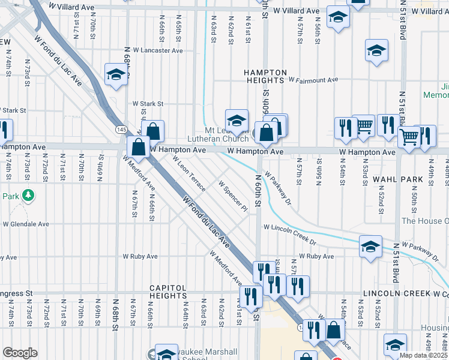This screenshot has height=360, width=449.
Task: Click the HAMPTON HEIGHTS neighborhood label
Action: point(264,76)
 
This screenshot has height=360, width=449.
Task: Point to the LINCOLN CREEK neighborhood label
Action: point(396,293)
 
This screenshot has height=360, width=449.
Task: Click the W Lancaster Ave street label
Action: point(158,51)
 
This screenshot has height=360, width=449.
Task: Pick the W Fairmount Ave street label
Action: point(313,79)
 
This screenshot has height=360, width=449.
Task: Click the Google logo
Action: point(20,353)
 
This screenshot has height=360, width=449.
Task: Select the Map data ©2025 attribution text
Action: point(424,355)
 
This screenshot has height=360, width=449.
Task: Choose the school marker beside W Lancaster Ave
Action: point(115,75)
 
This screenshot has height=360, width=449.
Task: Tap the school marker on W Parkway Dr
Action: point(371,247)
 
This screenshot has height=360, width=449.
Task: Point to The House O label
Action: point(425,221)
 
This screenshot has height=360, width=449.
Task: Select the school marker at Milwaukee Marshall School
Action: point(166,353)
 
